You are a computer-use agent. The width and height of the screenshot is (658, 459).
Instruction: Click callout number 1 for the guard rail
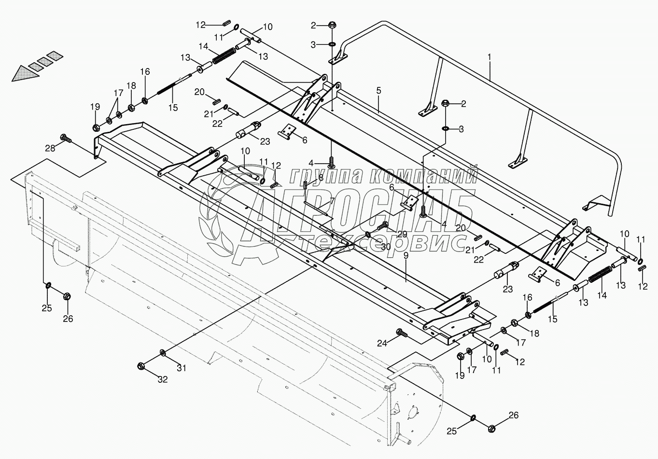point(490,57)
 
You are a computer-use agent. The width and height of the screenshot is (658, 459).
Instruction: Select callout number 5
point(378,91)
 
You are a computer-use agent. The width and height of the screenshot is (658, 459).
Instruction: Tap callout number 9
point(406,255)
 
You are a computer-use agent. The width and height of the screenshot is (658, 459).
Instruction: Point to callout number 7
point(332,201)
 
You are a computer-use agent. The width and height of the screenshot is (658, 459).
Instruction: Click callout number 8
point(321,178)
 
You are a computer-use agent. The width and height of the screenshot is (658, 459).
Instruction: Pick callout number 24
point(382,343)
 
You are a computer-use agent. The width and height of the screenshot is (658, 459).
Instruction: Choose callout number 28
point(50,148)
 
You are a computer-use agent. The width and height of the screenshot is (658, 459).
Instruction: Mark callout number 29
point(402,234)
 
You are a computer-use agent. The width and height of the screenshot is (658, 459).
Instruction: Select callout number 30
point(386,247)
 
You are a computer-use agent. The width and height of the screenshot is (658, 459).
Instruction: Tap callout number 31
point(182,368)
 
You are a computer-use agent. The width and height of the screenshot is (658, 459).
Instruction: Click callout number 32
point(163,379)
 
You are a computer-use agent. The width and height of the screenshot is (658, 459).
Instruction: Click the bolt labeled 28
point(65,138)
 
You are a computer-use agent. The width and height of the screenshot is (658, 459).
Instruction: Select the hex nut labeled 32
point(141,366)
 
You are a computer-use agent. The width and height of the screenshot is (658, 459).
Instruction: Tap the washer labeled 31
point(162,352)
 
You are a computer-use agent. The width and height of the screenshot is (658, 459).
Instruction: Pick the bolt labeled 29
point(382,225)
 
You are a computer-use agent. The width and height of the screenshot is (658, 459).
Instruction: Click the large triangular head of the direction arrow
point(25,73)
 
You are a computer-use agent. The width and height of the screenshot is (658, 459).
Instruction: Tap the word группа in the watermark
point(324,176)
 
